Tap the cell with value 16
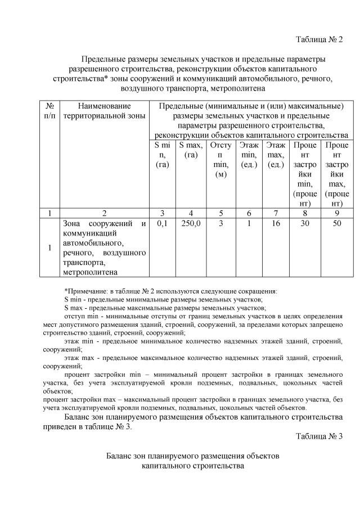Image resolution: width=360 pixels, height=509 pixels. [276, 223]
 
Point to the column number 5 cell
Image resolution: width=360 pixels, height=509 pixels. [220, 213]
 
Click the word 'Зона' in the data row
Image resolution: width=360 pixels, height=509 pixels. [74, 224]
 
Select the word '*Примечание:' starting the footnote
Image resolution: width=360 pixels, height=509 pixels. [84, 291]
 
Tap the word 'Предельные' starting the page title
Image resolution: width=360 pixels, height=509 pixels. [104, 59]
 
